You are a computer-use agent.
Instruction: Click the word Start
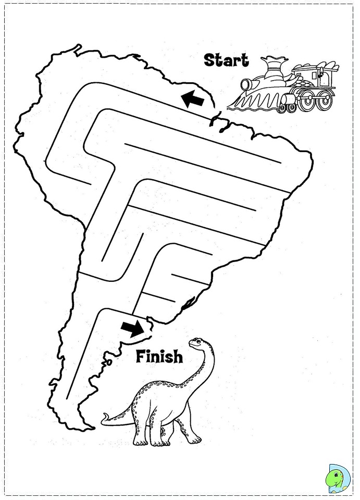pos(226,60)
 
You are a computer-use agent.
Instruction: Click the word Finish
pos(159,357)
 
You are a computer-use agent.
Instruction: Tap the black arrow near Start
pos(192,97)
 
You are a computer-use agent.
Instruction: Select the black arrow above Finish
pos(132,327)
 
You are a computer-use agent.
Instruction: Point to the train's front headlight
pos(246,84)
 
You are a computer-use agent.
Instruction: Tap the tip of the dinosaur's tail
pos(103,417)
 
